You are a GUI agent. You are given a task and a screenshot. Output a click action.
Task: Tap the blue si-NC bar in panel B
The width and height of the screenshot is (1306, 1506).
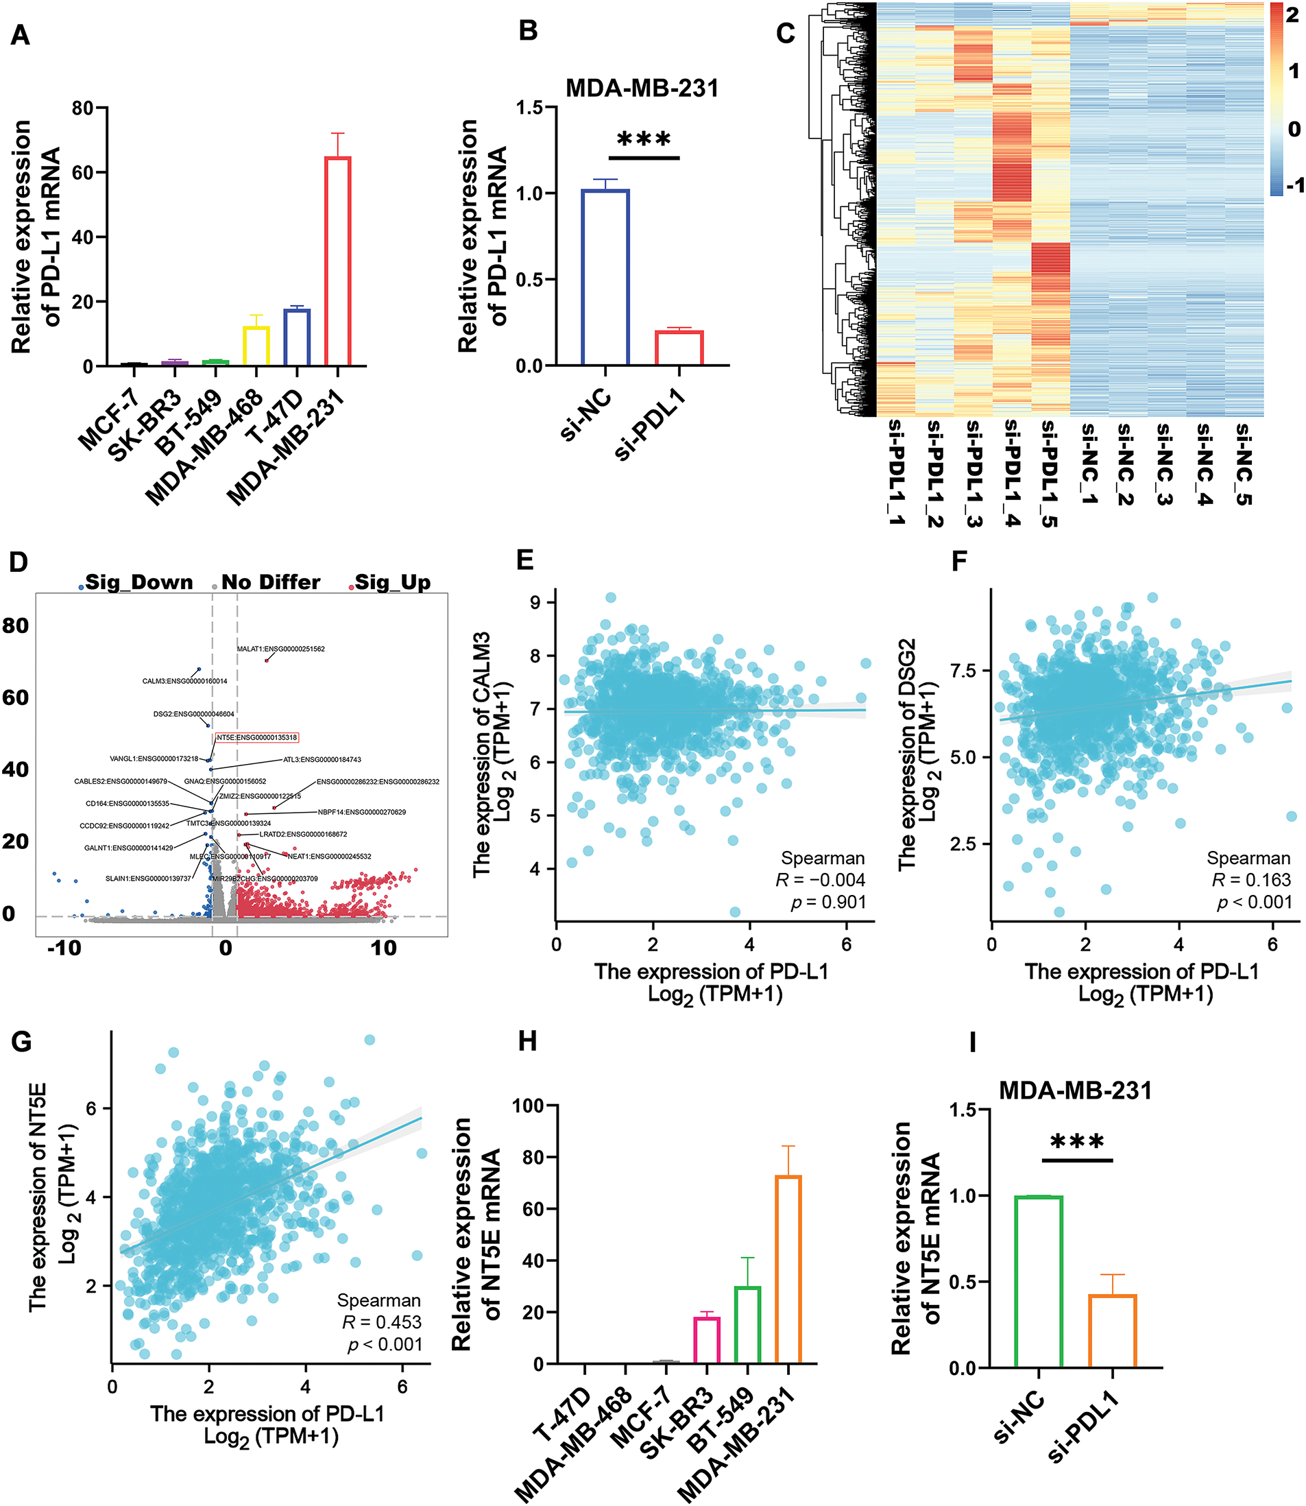coord(605,277)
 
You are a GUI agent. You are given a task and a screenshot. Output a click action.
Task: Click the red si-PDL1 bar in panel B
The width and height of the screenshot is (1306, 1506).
coord(679,348)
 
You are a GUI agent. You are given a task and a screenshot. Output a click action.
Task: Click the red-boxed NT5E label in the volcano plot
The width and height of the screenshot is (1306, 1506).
coord(256,738)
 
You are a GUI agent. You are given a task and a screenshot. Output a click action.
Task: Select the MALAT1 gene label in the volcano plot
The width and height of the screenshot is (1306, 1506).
coord(280,649)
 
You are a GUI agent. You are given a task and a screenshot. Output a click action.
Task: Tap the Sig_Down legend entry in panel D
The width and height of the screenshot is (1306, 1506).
coord(138,582)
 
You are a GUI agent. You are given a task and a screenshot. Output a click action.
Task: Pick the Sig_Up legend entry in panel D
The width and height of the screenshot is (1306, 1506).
coord(391,582)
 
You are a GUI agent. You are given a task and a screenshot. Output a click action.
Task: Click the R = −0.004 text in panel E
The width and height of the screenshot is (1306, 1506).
coord(820,880)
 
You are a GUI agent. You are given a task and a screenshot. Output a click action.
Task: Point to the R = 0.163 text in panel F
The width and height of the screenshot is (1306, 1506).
coord(1250,880)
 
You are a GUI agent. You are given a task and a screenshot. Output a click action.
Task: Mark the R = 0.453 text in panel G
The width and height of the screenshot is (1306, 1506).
coord(382,1322)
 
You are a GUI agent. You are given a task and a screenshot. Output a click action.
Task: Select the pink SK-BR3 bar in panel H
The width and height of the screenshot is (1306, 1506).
coord(706,1340)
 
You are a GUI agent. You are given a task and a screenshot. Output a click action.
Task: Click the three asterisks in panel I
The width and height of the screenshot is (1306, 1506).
coord(1076,1143)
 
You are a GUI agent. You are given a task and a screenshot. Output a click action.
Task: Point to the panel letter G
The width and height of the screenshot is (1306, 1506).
coord(21,1042)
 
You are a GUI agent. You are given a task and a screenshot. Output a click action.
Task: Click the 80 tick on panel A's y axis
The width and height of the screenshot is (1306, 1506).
coord(82,108)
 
